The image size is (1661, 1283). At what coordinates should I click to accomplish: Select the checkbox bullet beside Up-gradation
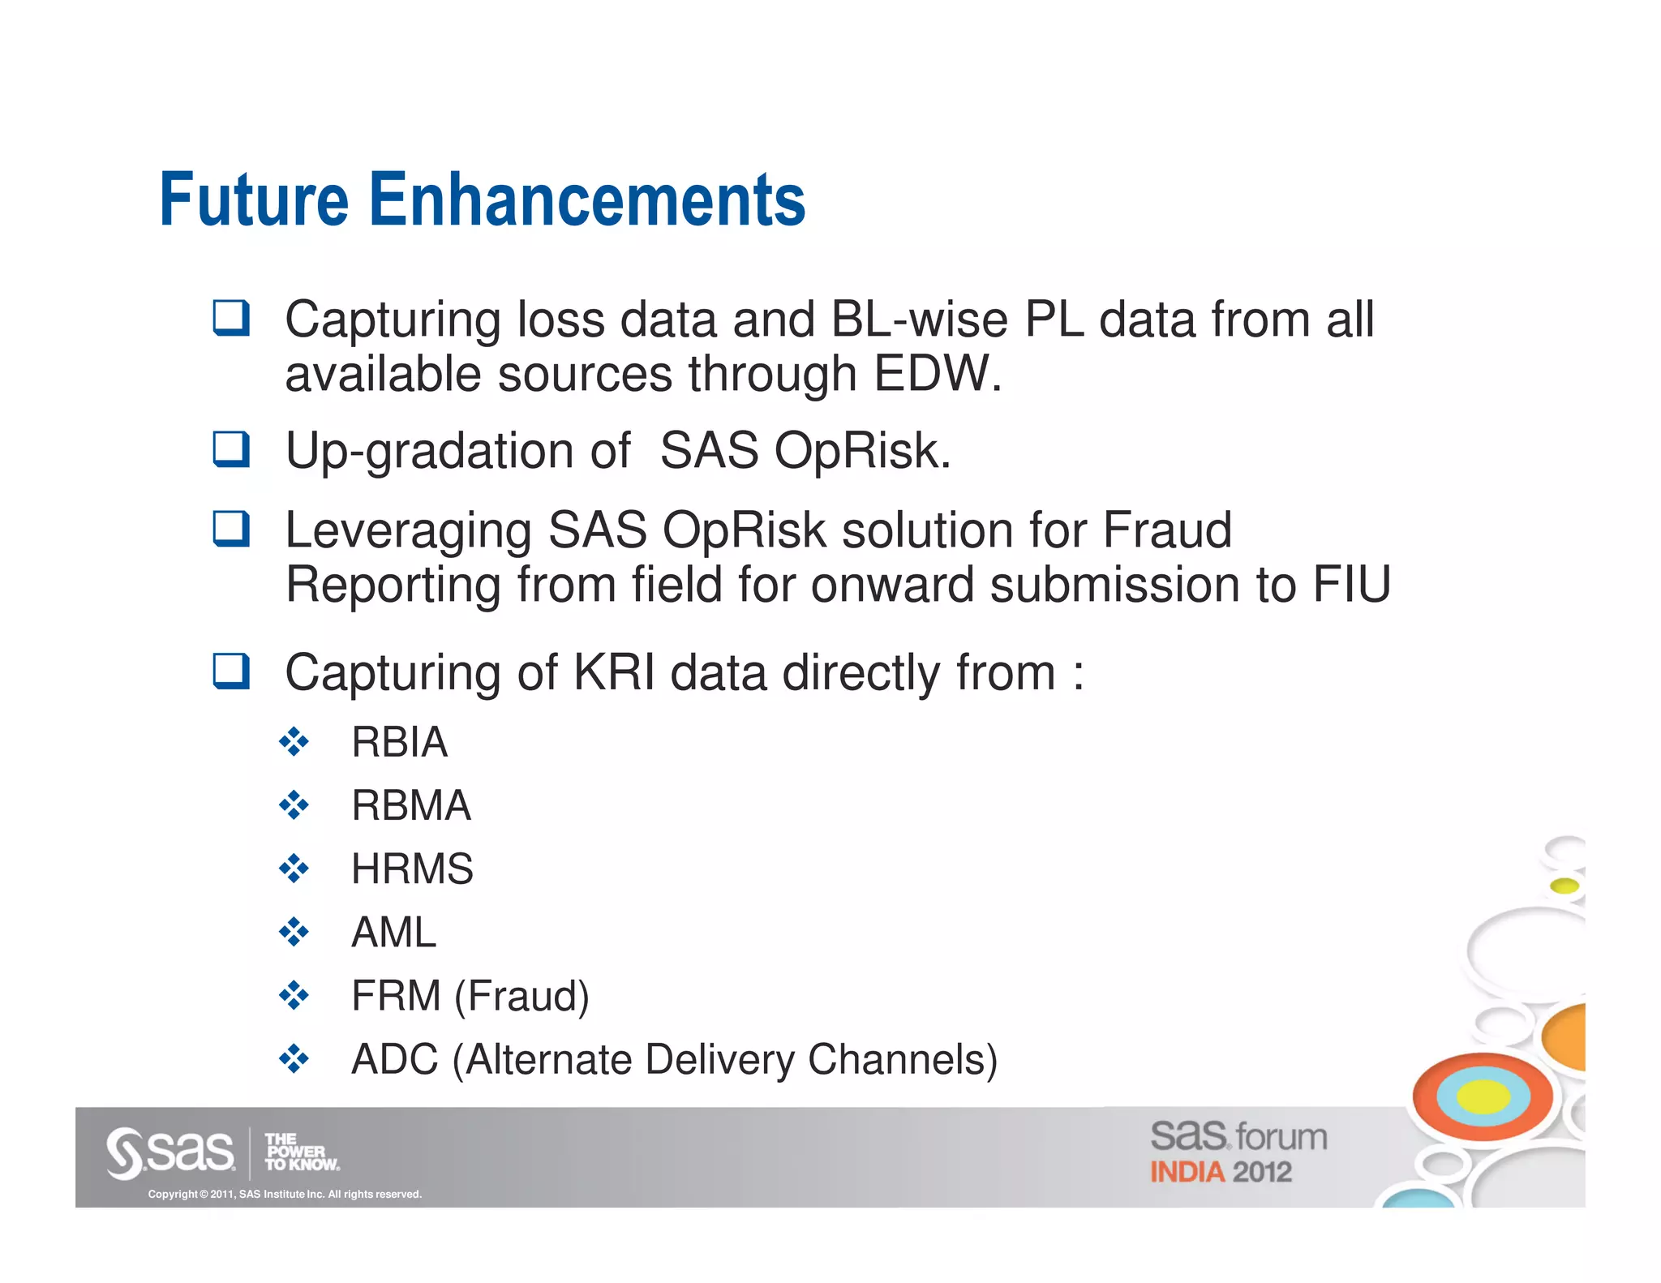pos(231,449)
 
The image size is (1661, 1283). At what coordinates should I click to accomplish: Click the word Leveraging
pos(408,532)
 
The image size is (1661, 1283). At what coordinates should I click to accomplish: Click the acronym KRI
pos(614,673)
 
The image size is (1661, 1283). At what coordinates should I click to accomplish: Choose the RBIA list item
pos(399,742)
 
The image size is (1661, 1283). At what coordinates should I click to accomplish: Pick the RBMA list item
pos(410,805)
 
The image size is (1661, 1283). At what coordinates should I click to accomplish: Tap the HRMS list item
pos(412,869)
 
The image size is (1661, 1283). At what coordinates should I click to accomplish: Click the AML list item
pos(393,932)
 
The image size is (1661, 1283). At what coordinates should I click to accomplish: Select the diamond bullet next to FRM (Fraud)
pos(294,995)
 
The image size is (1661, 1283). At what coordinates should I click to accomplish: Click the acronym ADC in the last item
pos(395,1059)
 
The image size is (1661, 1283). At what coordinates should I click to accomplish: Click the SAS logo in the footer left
pos(170,1152)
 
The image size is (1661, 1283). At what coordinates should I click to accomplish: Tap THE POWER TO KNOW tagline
pos(301,1152)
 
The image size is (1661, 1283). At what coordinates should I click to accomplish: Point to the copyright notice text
pos(285,1194)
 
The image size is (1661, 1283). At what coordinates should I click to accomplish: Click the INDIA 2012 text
pos(1221,1172)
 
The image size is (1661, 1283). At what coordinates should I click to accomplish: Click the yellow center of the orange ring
pos(1483,1097)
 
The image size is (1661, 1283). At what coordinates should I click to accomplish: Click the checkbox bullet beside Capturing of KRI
pos(231,672)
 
